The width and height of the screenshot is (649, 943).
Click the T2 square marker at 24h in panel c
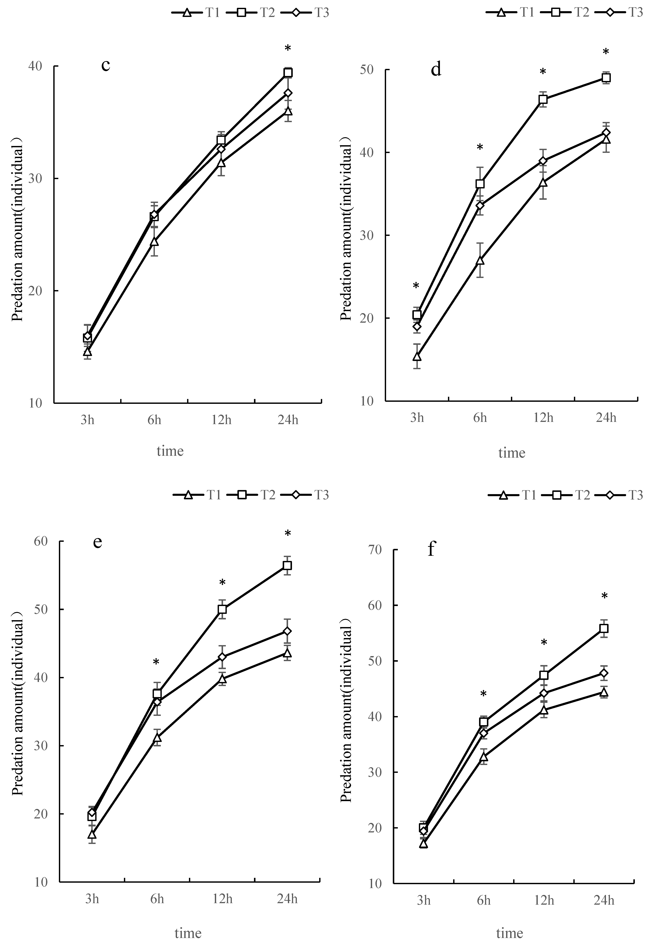pos(288,73)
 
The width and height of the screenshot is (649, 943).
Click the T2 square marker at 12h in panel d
pos(543,99)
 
